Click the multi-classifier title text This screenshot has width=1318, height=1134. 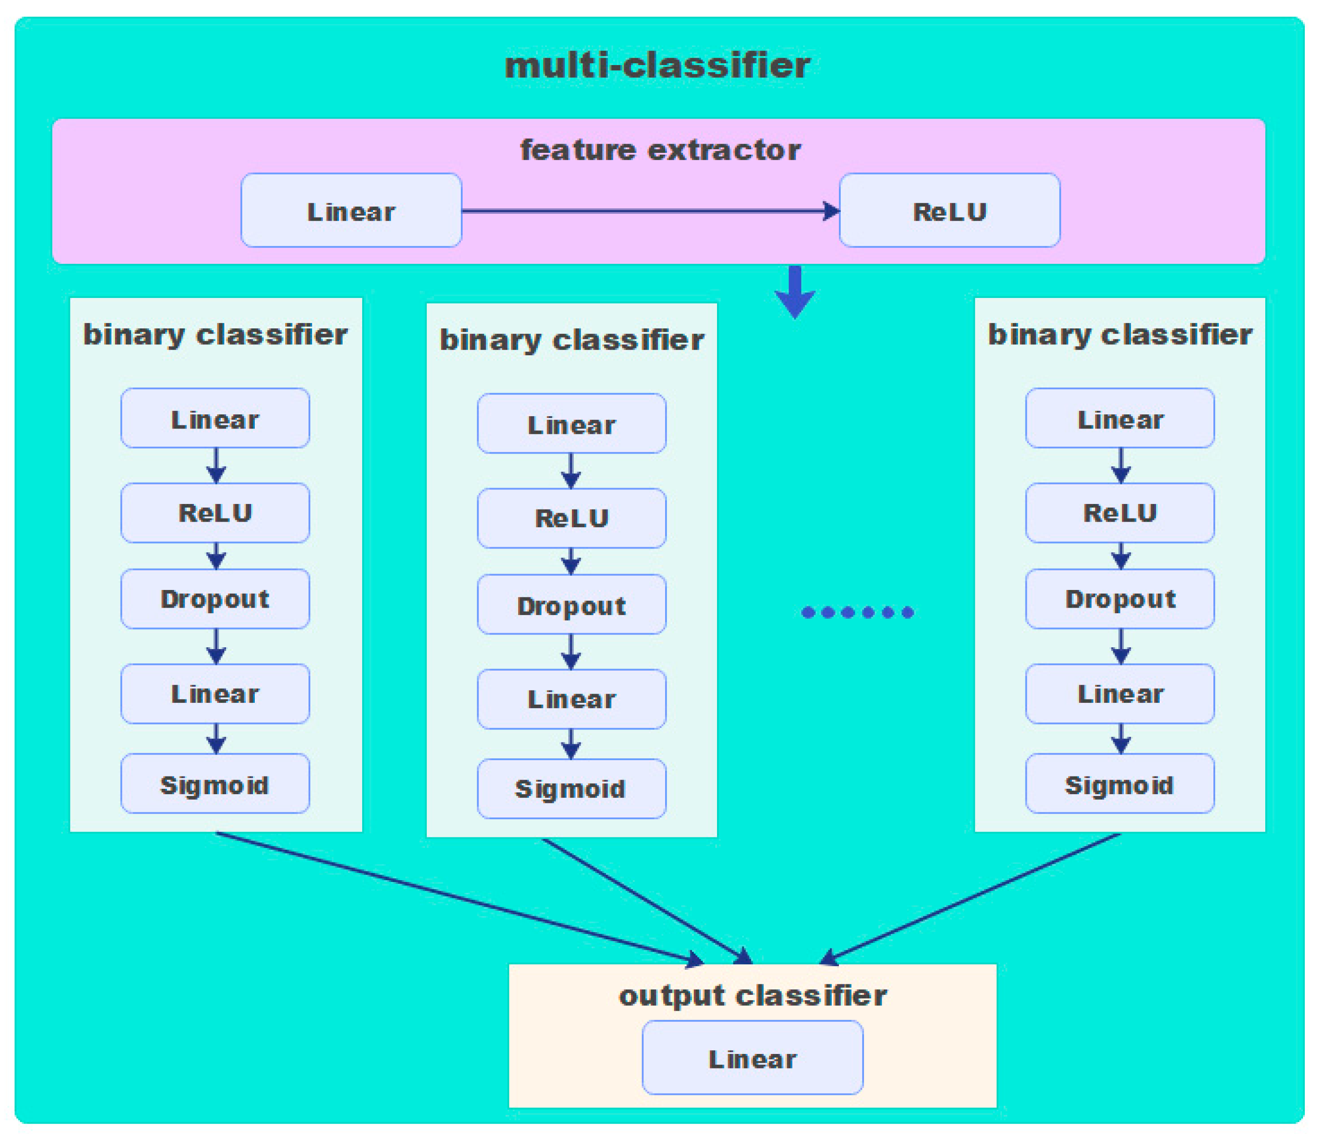coord(657,66)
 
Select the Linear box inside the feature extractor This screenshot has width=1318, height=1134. coord(351,211)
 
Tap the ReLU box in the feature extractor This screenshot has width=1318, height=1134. coord(949,211)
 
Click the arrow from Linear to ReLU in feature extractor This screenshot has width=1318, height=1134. coord(649,211)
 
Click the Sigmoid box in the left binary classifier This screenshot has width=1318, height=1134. coord(215,784)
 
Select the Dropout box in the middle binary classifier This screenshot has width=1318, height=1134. coord(571,605)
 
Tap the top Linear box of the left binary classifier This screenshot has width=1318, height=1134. coord(215,418)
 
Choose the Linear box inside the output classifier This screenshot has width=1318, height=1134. coord(752,1059)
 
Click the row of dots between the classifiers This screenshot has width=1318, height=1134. coord(858,612)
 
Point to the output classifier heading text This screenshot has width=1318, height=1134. coord(752,995)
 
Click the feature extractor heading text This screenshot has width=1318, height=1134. coord(660,150)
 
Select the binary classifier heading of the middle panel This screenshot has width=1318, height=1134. coord(571,340)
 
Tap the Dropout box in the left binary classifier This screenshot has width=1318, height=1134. coord(215,599)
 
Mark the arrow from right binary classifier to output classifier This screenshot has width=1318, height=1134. coord(973,897)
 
